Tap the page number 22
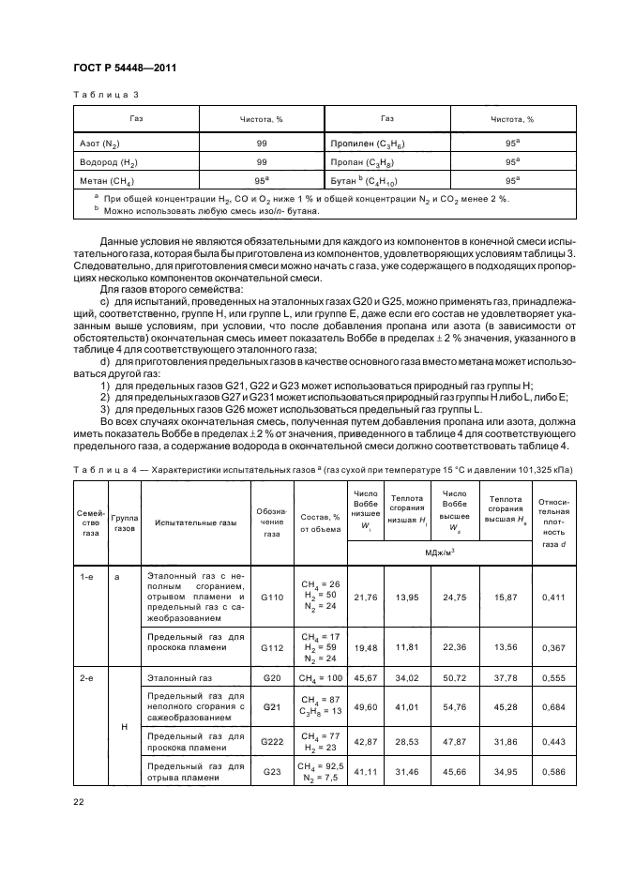click(78, 802)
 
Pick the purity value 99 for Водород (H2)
click(261, 161)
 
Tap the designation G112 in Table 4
click(271, 646)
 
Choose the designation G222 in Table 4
click(271, 741)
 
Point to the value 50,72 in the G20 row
click(454, 676)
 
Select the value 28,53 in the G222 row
click(407, 741)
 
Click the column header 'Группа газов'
click(125, 522)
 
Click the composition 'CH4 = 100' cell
click(320, 676)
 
